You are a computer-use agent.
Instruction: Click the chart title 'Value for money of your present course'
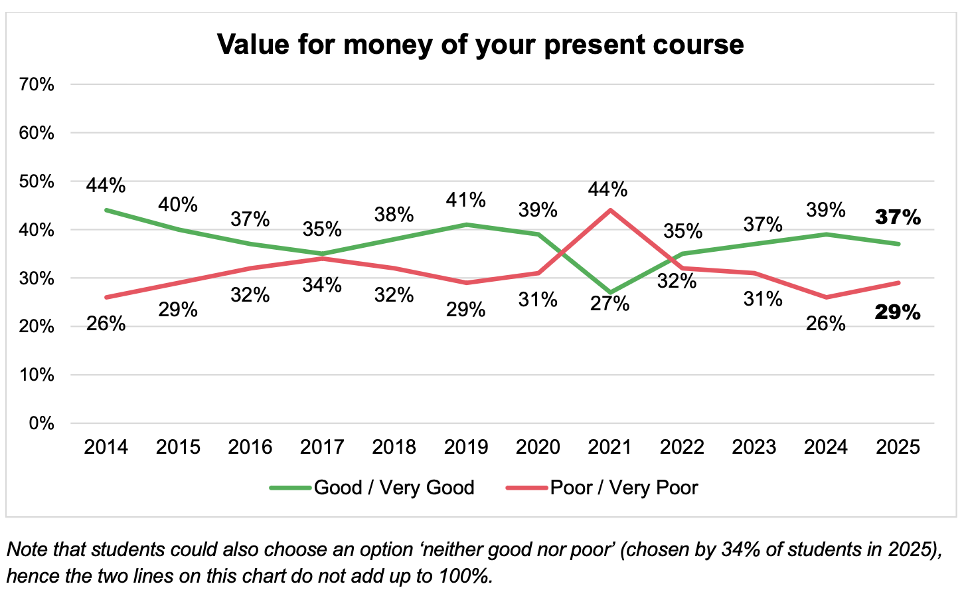(x=480, y=45)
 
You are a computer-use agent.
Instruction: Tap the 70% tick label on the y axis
(x=37, y=84)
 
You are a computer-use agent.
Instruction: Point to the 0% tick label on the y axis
(x=41, y=423)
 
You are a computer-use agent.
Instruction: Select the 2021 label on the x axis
(x=609, y=447)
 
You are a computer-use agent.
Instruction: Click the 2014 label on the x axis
(x=106, y=447)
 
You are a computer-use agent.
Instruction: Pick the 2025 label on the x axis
(x=898, y=447)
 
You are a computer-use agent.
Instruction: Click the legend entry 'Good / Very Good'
(x=372, y=488)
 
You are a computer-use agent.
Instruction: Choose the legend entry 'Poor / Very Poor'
(x=602, y=488)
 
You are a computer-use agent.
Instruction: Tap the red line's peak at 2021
(x=609, y=210)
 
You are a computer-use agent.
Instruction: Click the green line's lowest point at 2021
(x=609, y=292)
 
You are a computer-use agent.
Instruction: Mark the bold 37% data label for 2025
(x=898, y=217)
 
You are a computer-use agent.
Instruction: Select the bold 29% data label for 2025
(x=898, y=312)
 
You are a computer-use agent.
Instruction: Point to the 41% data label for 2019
(x=466, y=200)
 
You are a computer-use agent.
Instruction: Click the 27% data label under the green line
(x=609, y=304)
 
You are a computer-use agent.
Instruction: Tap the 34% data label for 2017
(x=322, y=284)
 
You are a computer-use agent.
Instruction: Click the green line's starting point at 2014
(x=106, y=210)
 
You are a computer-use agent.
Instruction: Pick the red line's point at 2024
(x=826, y=297)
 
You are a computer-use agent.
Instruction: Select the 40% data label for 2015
(x=178, y=205)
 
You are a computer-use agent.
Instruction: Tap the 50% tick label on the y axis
(x=37, y=181)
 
